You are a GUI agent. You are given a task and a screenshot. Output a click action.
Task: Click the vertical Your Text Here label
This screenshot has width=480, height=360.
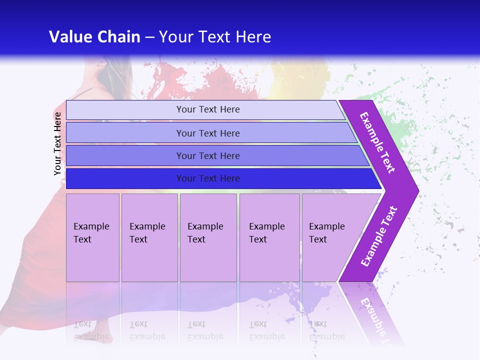pos(57,143)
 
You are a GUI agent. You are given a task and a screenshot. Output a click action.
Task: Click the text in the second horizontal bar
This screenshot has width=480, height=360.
pos(208,133)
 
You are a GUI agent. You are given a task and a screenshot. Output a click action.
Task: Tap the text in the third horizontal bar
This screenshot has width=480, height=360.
pos(208,155)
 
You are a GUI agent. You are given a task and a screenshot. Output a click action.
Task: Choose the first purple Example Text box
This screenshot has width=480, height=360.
pos(92,237)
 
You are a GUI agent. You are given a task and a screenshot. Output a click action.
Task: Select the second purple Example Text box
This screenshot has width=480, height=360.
pos(149,237)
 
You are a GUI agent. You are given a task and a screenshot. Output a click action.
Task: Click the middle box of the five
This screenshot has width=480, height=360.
pos(208,237)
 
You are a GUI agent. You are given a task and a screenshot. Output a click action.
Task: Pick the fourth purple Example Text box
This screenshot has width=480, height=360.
pos(269,237)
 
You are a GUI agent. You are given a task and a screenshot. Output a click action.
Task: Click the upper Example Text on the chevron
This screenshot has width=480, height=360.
pos(377,142)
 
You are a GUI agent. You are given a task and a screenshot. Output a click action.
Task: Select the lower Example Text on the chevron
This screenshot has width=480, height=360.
pos(378,236)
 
